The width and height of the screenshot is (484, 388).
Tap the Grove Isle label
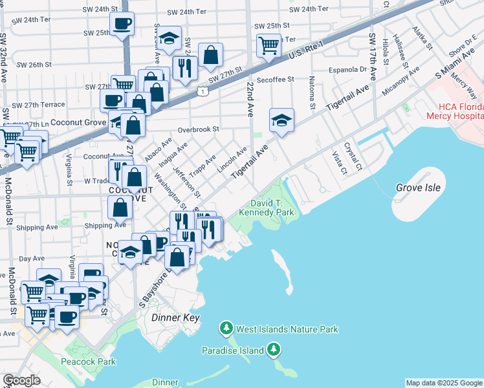coord(418,188)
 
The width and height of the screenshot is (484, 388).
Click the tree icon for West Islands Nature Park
coord(226,329)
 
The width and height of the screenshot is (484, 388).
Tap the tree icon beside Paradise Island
coord(274,350)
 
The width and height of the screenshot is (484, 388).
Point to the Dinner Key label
coord(175,318)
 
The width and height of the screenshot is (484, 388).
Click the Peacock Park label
coord(89,361)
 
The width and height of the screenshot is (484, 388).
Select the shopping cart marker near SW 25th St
coord(269,45)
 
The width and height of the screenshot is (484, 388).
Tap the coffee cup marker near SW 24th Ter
coord(122,25)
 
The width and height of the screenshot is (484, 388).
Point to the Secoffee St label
coord(275,79)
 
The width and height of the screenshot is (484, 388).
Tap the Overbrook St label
coord(199,129)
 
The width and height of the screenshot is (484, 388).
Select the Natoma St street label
coord(312,93)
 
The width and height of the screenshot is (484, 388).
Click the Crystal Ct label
coord(352,153)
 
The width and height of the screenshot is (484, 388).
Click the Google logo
coord(22,380)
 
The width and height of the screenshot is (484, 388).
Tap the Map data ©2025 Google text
coord(444,383)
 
